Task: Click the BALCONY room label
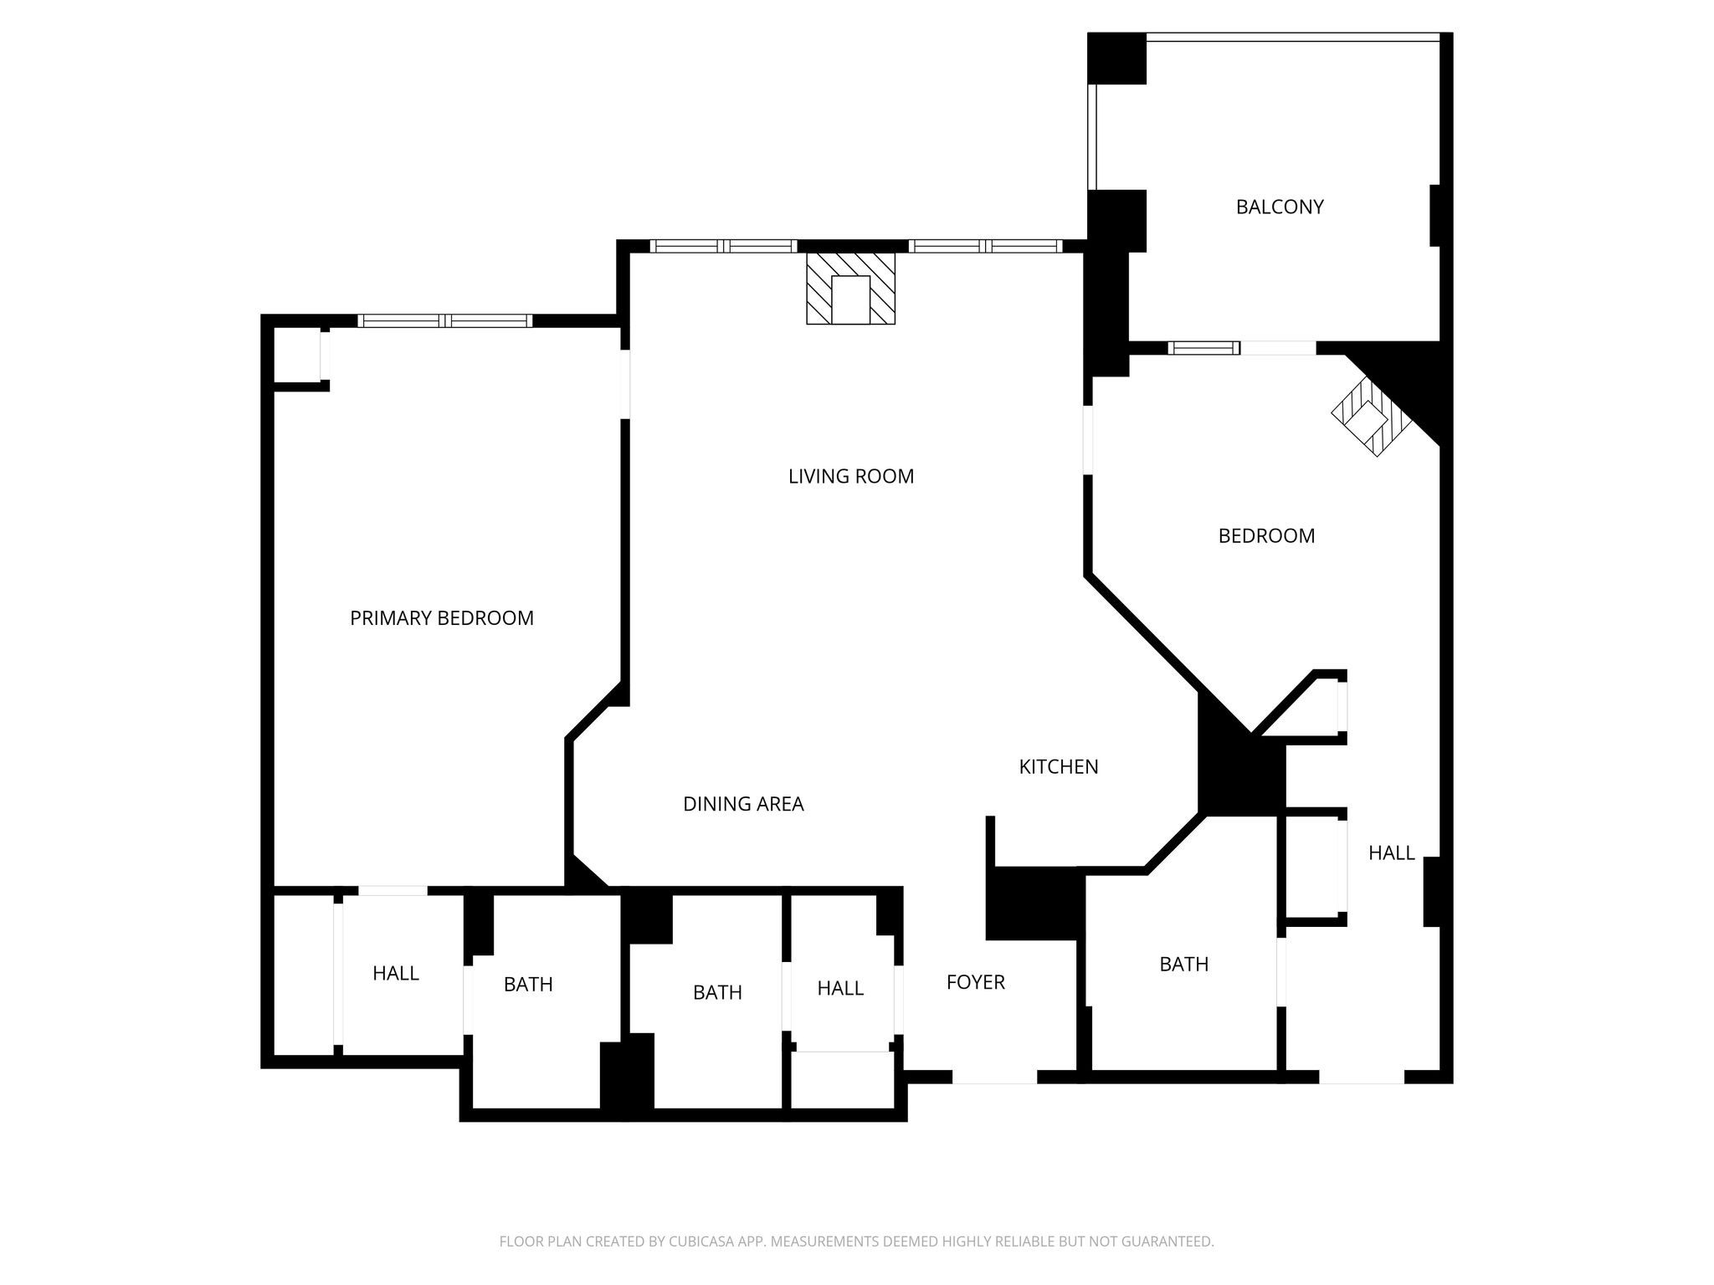click(1279, 207)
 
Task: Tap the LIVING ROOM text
click(850, 476)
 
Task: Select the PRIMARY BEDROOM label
click(441, 618)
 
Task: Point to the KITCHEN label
click(1058, 766)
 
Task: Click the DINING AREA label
click(743, 804)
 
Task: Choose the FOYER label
click(975, 982)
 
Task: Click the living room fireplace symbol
click(850, 289)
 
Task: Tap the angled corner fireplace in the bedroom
click(1371, 416)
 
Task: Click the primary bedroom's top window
click(444, 320)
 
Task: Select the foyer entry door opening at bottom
click(994, 1078)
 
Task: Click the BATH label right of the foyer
click(1183, 965)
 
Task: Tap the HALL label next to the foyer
click(840, 988)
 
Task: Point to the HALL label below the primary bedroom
click(395, 973)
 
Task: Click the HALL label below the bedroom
click(1391, 852)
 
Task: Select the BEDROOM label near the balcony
click(1265, 535)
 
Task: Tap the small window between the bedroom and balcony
click(1203, 348)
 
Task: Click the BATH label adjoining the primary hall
click(528, 985)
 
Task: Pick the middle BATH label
click(717, 992)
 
